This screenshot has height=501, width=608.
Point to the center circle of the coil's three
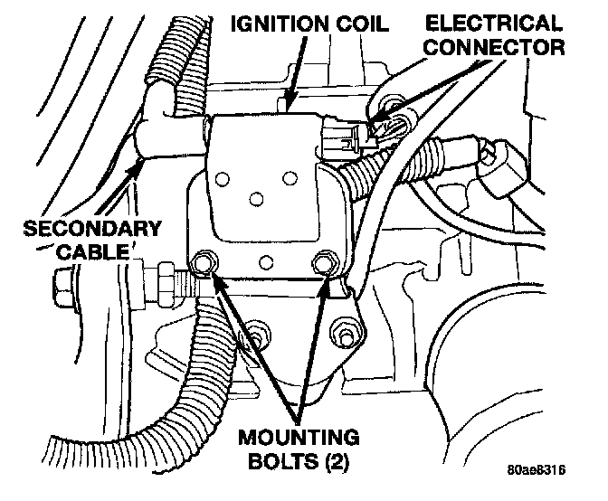(256, 197)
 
